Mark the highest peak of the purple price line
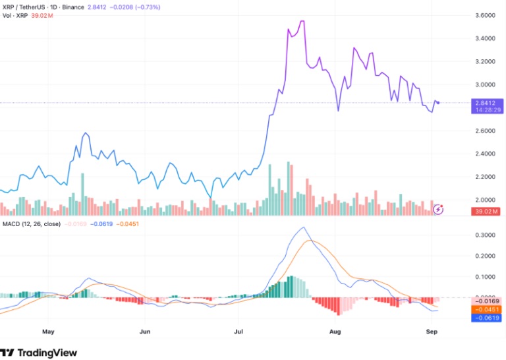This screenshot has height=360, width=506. [302, 21]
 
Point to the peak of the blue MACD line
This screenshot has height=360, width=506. [303, 227]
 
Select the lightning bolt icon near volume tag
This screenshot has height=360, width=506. [439, 209]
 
